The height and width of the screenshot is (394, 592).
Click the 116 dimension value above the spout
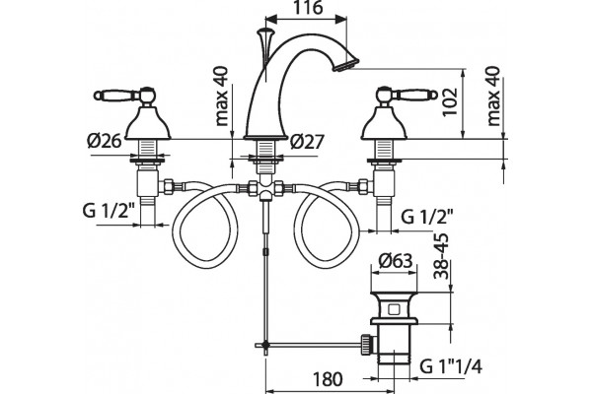coord(308,8)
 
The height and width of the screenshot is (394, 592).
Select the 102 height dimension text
coord(450,102)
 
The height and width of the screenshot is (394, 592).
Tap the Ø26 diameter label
coord(105,141)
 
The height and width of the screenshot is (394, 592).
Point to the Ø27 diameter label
coord(307,142)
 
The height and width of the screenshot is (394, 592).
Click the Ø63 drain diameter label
coord(394,260)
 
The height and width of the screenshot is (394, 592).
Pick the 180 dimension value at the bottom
coord(328,379)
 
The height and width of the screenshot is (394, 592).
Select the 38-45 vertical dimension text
coord(441,256)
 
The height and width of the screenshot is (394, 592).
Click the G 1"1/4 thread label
coord(451,366)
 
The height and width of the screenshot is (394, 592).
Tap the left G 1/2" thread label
coord(109,211)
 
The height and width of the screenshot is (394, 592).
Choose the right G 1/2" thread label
coord(426,217)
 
